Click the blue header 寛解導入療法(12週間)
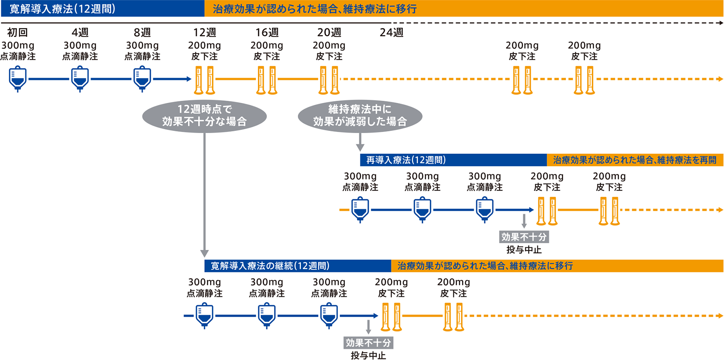coord(103,9)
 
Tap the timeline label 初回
coord(17,32)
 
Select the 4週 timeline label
coord(80,32)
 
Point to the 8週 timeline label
coord(142,32)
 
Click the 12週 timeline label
coord(205,32)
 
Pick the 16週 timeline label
coord(267,32)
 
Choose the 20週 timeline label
coord(329,32)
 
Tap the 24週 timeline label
coord(391,32)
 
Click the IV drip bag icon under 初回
coord(17,79)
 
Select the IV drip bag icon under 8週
coord(142,79)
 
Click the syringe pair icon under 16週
coord(267,80)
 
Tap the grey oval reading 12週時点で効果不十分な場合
coord(205,116)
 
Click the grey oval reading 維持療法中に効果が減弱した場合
coord(360,116)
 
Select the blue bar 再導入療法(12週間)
coord(453,160)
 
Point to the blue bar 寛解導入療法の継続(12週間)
coord(298,266)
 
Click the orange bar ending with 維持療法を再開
coord(635,160)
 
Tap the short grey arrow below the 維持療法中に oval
coord(360,142)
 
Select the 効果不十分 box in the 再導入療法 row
coord(524,237)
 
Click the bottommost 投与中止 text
coord(368,355)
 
